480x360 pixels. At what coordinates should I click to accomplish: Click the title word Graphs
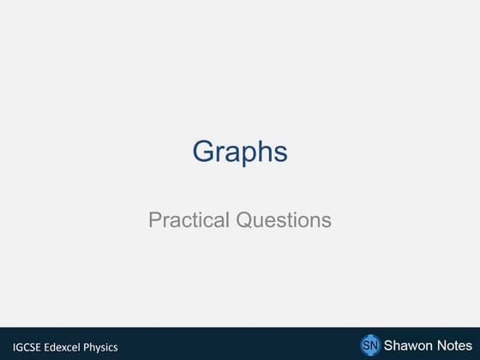coord(239,153)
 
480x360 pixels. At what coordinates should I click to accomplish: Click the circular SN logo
coord(369,345)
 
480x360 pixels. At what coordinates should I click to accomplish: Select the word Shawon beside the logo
coord(408,345)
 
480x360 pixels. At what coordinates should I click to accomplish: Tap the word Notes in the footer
coord(453,345)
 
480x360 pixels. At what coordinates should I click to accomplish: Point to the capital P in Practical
coord(154,219)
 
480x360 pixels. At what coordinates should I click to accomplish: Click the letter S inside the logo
coord(365,345)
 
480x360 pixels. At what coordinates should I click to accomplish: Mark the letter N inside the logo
coord(374,345)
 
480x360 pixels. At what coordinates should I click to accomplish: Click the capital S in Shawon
coord(387,345)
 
